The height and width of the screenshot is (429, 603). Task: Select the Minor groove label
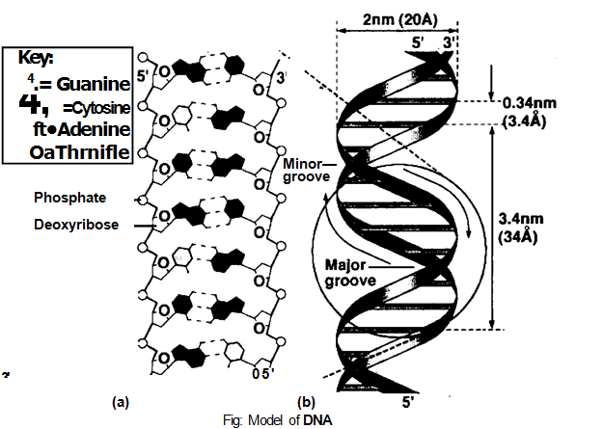point(308,171)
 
